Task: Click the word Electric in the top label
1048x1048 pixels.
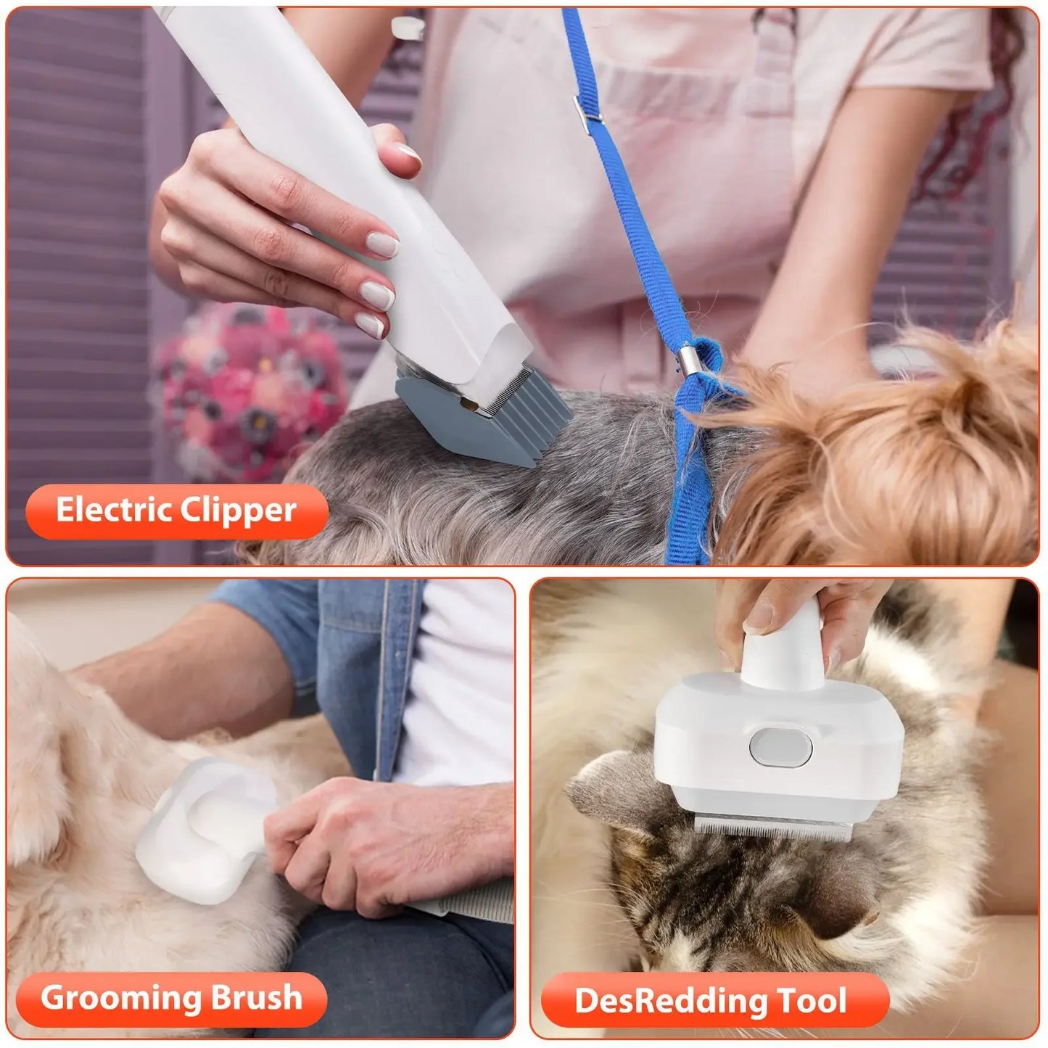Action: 114,511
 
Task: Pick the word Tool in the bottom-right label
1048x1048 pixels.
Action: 812,1002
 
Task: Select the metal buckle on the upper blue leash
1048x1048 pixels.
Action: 588,108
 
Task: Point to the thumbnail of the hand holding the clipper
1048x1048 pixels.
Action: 409,154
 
